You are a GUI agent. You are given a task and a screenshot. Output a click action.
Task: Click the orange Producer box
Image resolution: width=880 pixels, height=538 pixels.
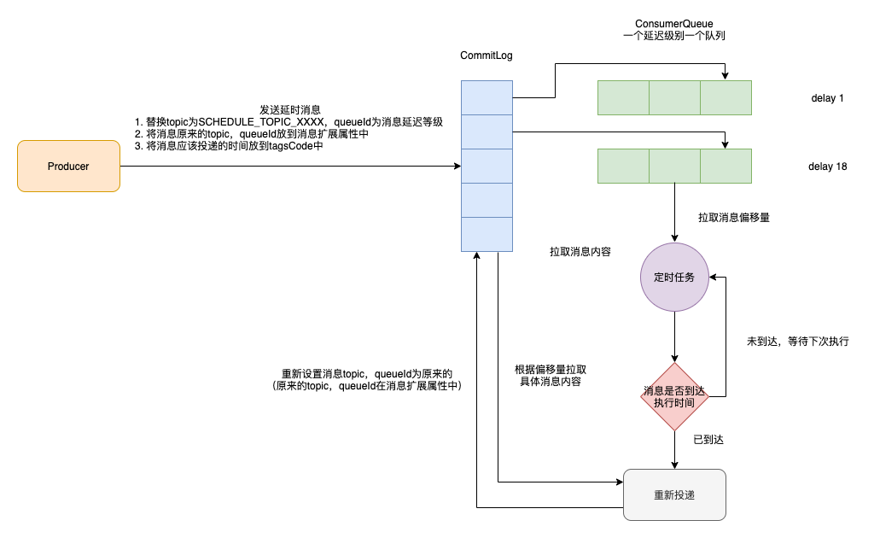68,167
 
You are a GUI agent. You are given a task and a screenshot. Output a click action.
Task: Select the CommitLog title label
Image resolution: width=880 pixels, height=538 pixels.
487,56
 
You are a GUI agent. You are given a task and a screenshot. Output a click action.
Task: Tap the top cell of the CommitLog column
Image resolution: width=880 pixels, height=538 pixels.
487,97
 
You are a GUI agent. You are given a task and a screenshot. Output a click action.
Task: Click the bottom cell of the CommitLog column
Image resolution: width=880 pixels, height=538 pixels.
487,234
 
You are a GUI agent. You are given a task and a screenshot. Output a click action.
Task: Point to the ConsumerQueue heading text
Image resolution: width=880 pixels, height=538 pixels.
674,22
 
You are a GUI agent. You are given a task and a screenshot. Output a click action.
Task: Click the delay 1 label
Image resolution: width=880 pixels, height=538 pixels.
827,98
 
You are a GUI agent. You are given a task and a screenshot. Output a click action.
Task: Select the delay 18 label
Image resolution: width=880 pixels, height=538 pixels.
827,167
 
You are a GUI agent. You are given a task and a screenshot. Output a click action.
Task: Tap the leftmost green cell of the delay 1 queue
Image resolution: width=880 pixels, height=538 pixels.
623,97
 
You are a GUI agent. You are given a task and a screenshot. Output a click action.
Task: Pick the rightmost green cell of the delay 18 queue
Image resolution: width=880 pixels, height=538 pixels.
726,166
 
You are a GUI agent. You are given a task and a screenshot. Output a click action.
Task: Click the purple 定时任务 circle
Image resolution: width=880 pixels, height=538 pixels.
674,277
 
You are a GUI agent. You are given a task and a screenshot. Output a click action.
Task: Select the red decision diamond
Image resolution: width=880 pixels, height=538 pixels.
674,396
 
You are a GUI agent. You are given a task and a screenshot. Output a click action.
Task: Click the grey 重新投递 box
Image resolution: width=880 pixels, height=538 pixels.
674,495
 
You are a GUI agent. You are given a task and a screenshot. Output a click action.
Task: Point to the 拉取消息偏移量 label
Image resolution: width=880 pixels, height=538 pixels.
734,218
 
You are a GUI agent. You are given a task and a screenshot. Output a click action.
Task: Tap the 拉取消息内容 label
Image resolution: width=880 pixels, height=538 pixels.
580,253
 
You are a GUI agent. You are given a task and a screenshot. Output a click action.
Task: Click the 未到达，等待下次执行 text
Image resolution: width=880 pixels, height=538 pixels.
797,342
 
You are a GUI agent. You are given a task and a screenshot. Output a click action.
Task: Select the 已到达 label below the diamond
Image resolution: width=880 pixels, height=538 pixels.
708,440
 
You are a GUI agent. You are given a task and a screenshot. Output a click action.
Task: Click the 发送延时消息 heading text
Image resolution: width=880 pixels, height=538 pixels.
290,110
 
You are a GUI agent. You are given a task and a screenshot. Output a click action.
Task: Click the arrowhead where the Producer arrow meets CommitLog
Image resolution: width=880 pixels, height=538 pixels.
457,167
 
